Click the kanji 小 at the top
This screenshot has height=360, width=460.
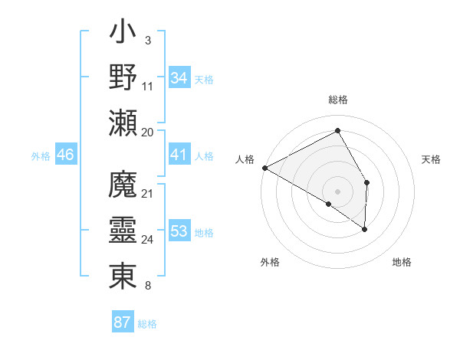pyautogui.click(x=123, y=35)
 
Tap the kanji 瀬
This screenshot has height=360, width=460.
pyautogui.click(x=123, y=123)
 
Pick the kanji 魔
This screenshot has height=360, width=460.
pyautogui.click(x=123, y=185)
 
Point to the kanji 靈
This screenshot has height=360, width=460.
pyautogui.click(x=123, y=229)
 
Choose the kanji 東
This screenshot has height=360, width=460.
pyautogui.click(x=123, y=274)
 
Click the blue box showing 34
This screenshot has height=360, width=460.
pyautogui.click(x=179, y=78)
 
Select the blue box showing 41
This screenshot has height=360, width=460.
pyautogui.click(x=179, y=155)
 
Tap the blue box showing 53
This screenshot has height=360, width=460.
pyautogui.click(x=179, y=231)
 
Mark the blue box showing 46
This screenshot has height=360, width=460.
pyautogui.click(x=66, y=155)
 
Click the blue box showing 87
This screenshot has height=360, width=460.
pyautogui.click(x=122, y=322)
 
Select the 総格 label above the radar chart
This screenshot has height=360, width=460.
pyautogui.click(x=337, y=100)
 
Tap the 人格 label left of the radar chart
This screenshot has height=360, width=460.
pyautogui.click(x=245, y=159)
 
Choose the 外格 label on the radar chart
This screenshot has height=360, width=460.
pyautogui.click(x=270, y=262)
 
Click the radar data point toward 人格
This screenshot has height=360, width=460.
pyautogui.click(x=264, y=167)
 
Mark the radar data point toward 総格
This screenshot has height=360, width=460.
pyautogui.click(x=337, y=131)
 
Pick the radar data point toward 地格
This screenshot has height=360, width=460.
pyautogui.click(x=365, y=229)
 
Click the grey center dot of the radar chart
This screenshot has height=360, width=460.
pyautogui.click(x=337, y=191)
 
